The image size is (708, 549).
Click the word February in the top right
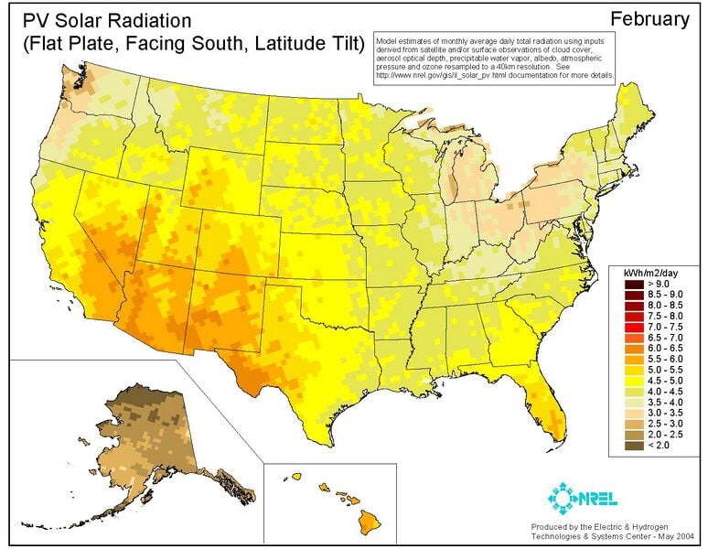649,18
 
